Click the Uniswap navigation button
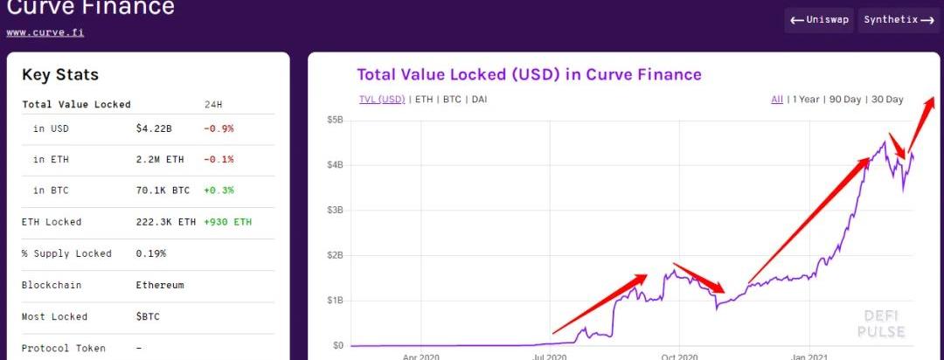coord(819,19)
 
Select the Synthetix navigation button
coord(899,19)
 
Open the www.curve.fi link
coord(45,32)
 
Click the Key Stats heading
coord(60,75)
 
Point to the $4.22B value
coord(155,128)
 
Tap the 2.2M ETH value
coord(159,159)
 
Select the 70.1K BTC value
coord(163,190)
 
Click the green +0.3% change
coord(219,190)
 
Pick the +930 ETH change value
coord(227,222)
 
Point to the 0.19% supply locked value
coord(150,253)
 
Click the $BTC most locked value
coord(148,316)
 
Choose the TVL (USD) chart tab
coord(382,100)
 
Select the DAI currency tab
coord(479,100)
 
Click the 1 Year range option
coord(805,100)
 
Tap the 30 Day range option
coord(887,100)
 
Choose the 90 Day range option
coord(844,100)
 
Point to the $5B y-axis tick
coord(335,120)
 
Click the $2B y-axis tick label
coord(335,255)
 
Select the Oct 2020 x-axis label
coord(679,357)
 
